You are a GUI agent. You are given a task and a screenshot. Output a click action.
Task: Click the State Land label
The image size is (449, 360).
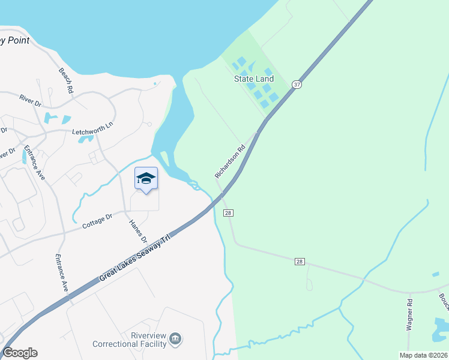pyautogui.click(x=253, y=79)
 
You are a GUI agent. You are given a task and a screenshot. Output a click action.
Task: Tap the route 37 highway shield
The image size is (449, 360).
pyautogui.click(x=297, y=85)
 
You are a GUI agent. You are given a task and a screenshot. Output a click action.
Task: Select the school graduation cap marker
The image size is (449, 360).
pyautogui.click(x=146, y=178)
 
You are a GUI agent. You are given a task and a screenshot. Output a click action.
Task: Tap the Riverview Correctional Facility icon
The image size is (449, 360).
pyautogui.click(x=175, y=340)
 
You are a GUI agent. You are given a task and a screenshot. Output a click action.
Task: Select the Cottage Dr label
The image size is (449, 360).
pyautogui.click(x=97, y=221)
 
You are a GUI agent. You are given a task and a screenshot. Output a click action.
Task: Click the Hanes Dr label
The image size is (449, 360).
pyautogui.click(x=133, y=231)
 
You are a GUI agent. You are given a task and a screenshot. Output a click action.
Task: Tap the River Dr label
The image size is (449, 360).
pyautogui.click(x=30, y=100)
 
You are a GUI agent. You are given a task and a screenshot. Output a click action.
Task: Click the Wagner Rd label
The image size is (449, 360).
pyautogui.click(x=409, y=314)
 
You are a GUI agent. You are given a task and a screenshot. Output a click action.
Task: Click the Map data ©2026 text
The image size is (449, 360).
pyautogui.click(x=423, y=355)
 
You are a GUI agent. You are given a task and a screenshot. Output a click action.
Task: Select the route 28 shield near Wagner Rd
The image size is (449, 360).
pyautogui.click(x=299, y=262)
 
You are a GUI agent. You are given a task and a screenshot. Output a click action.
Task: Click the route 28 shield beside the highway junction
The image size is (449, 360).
pyautogui.click(x=228, y=213)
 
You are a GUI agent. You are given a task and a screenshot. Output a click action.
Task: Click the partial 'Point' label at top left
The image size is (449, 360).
pyautogui.click(x=14, y=41)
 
